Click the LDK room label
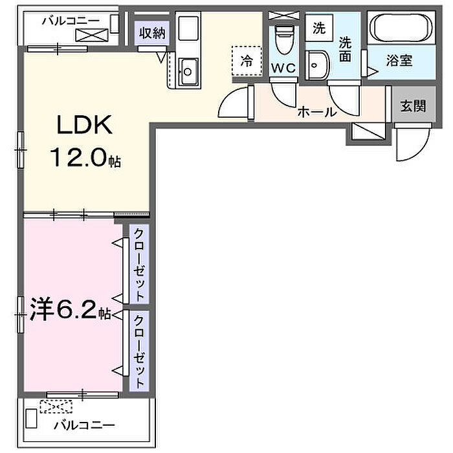click(85, 124)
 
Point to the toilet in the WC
click(284, 39)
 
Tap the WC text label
click(283, 68)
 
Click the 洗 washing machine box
click(319, 28)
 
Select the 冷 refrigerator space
click(247, 61)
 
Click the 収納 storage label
click(152, 33)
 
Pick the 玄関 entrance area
click(413, 106)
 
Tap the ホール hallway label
click(317, 111)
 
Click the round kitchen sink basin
click(188, 71)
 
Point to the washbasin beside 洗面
click(317, 65)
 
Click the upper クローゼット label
click(139, 264)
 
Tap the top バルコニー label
click(71, 21)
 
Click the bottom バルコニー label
click(84, 425)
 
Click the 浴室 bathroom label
click(399, 61)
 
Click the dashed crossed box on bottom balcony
click(56, 406)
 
